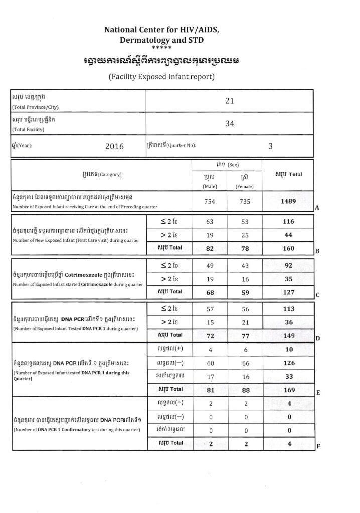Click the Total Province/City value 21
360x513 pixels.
click(x=229, y=101)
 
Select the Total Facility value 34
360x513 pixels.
click(x=229, y=123)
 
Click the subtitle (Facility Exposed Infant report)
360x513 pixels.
click(x=161, y=77)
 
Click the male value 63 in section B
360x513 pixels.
click(x=209, y=221)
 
